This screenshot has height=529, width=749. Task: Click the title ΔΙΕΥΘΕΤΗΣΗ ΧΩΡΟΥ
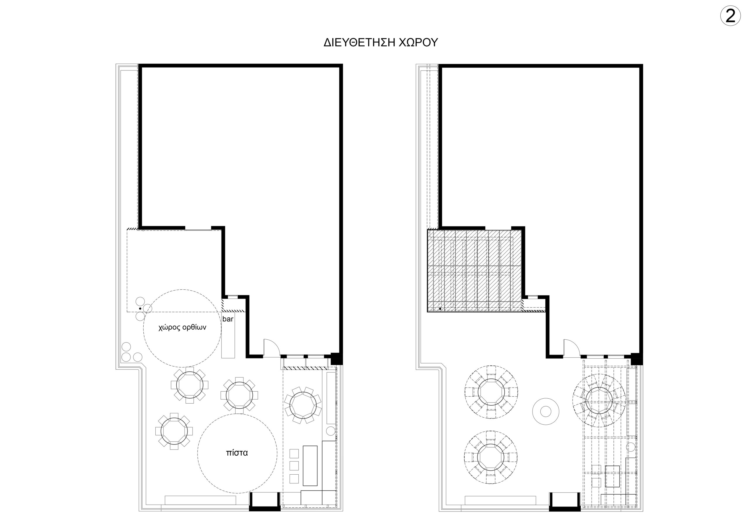(x=381, y=43)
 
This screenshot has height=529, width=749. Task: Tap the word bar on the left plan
(x=228, y=319)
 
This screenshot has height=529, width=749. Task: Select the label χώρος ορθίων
(x=182, y=328)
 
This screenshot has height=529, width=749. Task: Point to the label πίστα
(x=237, y=453)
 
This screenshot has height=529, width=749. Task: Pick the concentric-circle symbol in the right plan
(x=546, y=412)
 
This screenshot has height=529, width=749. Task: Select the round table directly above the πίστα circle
(x=239, y=395)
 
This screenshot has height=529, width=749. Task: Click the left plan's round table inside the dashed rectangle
(x=303, y=405)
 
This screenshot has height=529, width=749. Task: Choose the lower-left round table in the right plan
(x=491, y=457)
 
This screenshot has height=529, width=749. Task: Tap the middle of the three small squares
(x=294, y=466)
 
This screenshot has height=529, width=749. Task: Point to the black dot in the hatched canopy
(x=440, y=308)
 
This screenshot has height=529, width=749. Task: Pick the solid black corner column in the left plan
(x=337, y=359)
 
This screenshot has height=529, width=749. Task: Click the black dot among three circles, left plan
(x=140, y=308)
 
